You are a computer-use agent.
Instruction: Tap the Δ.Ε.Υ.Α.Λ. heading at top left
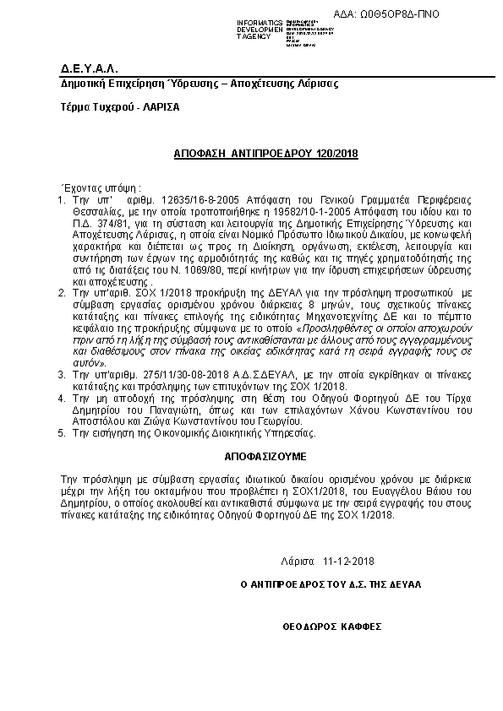click(90, 68)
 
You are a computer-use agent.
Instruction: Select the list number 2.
click(61, 291)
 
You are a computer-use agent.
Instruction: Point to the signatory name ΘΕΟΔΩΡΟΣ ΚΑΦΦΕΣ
click(332, 627)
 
